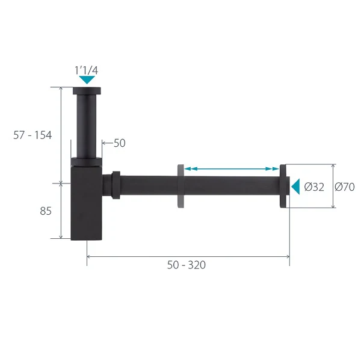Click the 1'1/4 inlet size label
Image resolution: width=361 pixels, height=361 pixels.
(86, 70)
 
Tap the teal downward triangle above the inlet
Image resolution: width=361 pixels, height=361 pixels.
(87, 79)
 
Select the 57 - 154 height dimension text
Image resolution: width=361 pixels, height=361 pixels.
(32, 135)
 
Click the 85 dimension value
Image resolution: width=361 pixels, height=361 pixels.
(46, 211)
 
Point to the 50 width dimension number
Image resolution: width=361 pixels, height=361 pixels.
(120, 143)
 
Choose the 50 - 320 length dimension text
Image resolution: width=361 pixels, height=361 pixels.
(187, 265)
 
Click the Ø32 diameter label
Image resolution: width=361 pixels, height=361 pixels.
(314, 187)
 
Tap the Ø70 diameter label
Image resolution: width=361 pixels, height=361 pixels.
(345, 187)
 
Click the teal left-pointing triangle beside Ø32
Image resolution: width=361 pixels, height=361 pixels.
(296, 187)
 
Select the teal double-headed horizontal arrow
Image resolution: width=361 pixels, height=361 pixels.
(232, 168)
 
